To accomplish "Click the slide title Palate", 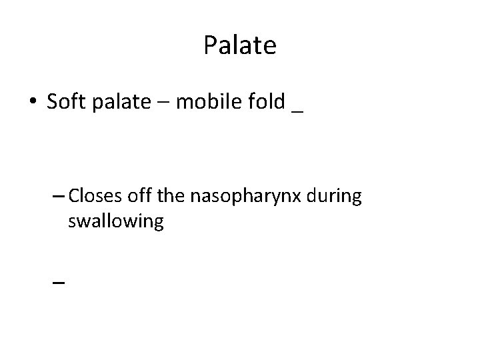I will (239, 46).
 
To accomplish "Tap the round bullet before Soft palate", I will (33, 103).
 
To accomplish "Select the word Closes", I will (93, 197).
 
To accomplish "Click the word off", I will (136, 197).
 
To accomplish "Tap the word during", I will (333, 197).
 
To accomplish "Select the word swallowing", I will (115, 222).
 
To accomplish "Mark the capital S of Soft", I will (53, 103).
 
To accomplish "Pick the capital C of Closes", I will (73, 197).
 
